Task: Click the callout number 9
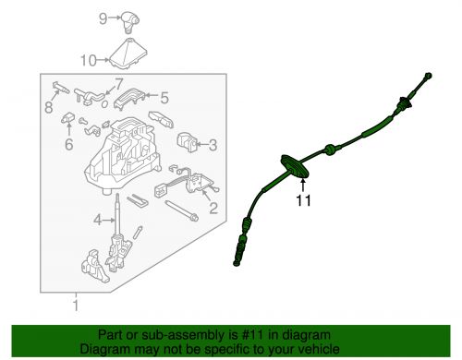pos(103,18)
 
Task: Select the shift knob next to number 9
pos(129,22)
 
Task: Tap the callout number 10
pos(89,61)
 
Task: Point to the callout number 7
pos(119,84)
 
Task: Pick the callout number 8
pos(49,107)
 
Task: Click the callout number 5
pos(164,98)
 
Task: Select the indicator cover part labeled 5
pos(129,99)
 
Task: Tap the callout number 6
pos(69,144)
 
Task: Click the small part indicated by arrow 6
pos(67,118)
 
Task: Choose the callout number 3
pos(213,145)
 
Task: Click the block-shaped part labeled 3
pos(187,142)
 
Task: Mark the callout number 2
pos(213,208)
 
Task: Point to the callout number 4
pos(98,220)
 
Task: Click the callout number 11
pos(303,201)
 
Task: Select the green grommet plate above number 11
pos(295,166)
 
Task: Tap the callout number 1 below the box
pos(76,306)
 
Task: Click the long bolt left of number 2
pos(181,211)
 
